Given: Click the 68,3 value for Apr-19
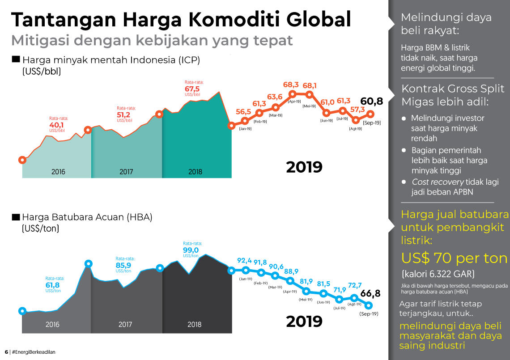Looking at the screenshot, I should pos(291,85).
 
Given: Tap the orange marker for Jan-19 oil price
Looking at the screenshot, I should pos(245,121).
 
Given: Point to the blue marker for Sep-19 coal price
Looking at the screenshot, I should pos(369,305).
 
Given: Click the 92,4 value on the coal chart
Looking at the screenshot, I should pos(245,261).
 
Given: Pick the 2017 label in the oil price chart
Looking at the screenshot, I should pos(126,172).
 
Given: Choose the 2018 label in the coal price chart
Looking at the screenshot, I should pos(195,325).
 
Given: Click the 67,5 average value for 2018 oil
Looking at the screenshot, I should pos(192,89).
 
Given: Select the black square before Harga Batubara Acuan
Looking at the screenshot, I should pos(16,217).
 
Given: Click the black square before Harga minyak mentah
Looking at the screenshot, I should pos(16,59).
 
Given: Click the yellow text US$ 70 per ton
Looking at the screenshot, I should pos(454,258).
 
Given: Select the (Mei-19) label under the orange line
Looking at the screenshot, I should pos(309,106).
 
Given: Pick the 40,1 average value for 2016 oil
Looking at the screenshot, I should pos(56,125).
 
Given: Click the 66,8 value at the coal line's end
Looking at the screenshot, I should pos(370,293).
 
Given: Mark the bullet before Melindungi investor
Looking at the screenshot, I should pos(404,119).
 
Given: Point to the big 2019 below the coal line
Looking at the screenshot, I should pos(304,321).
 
